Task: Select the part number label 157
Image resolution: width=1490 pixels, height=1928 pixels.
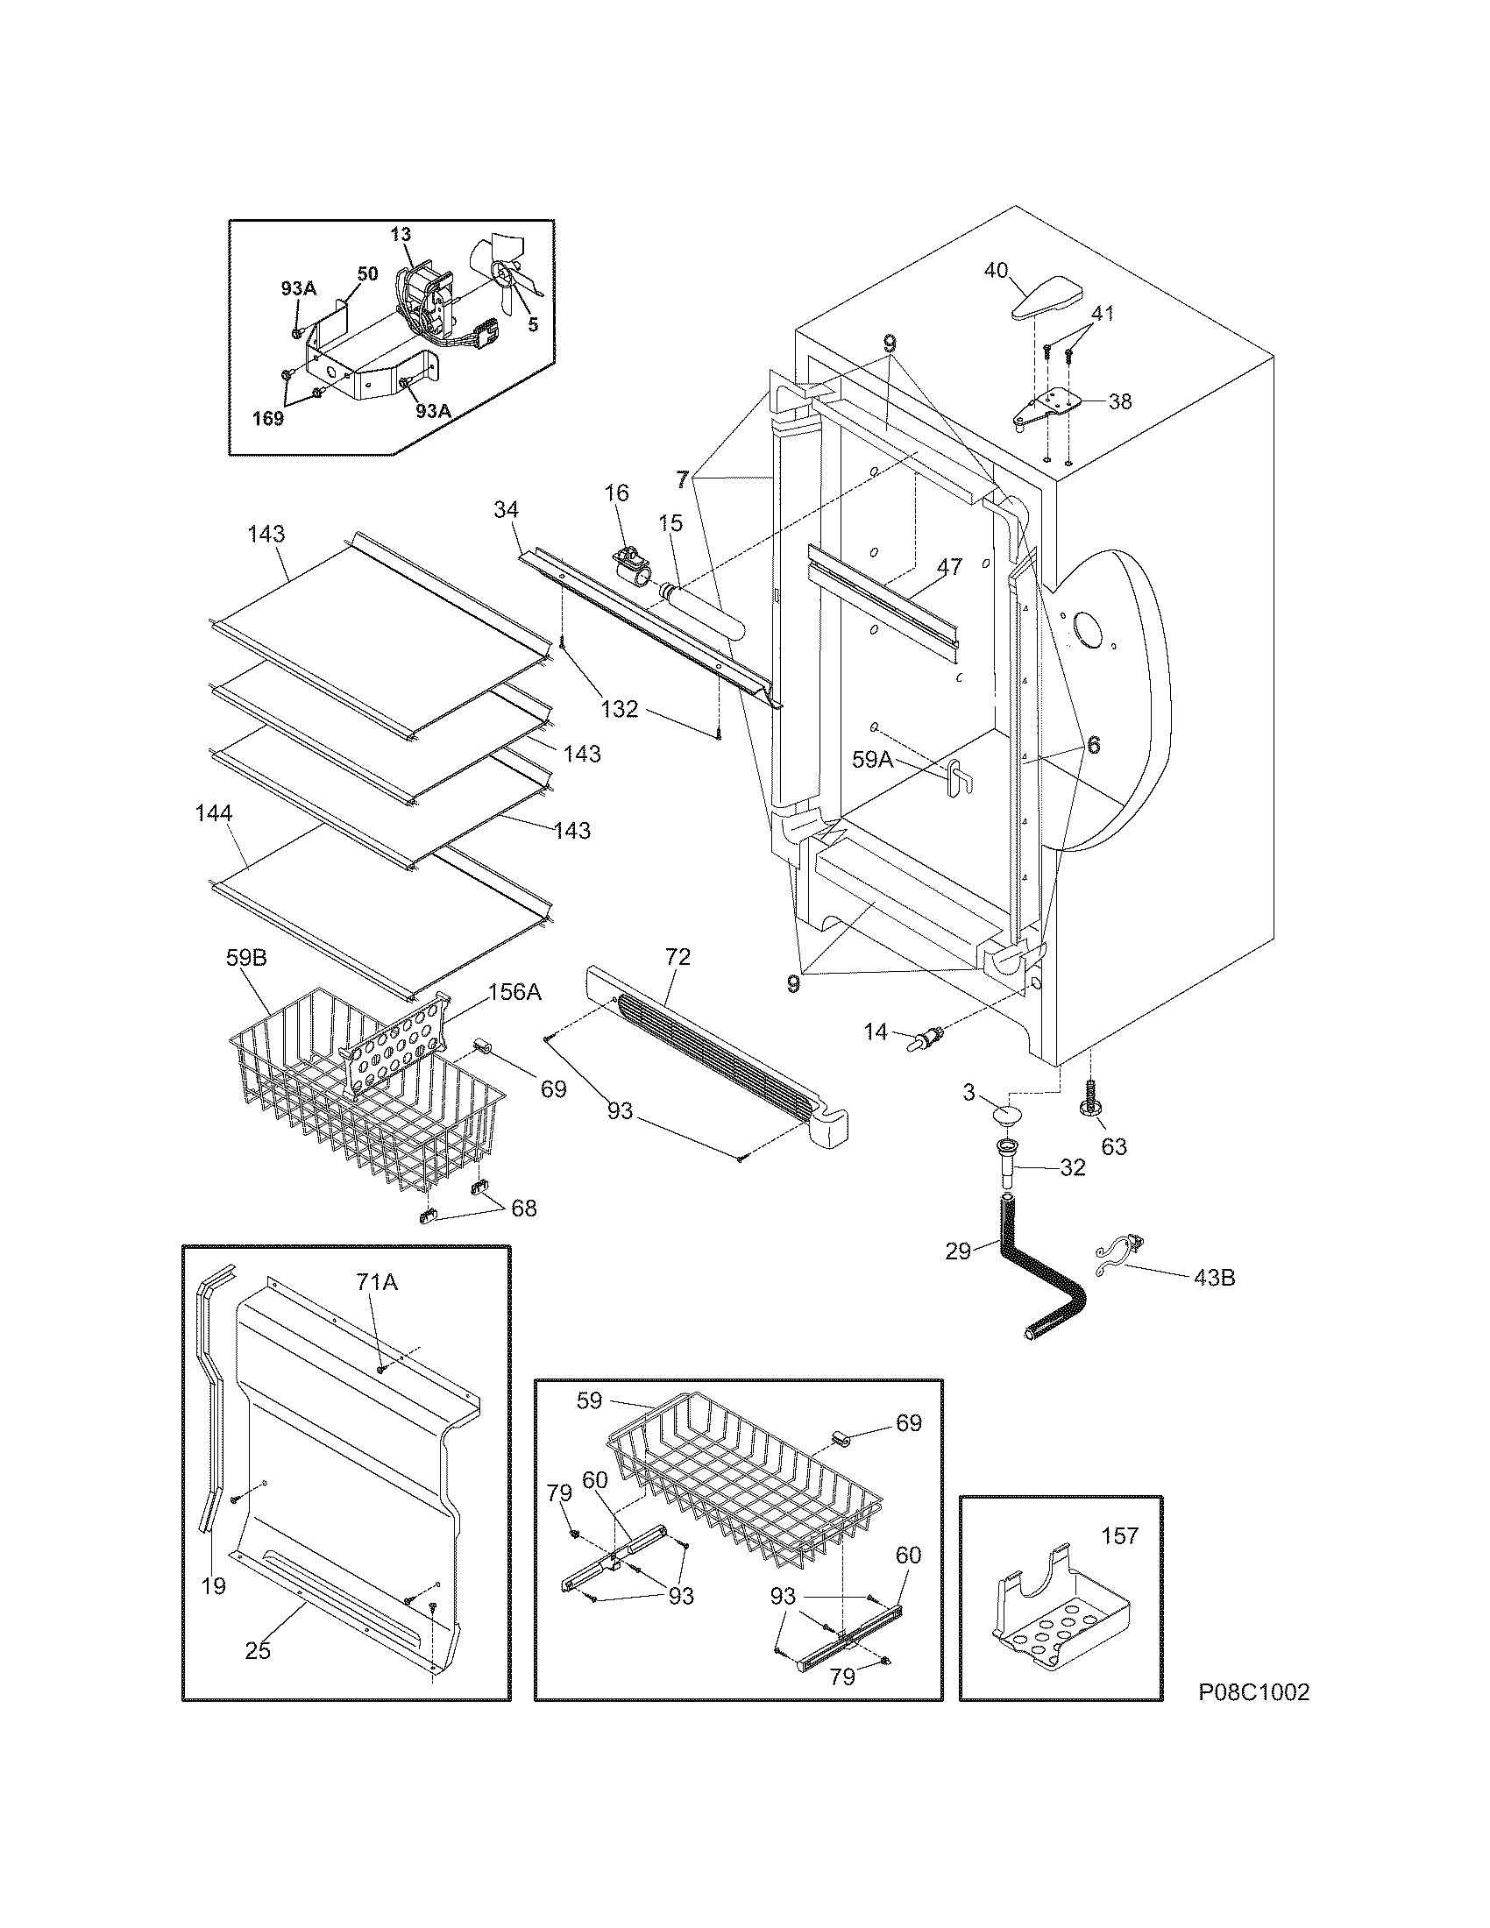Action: coord(1120,1535)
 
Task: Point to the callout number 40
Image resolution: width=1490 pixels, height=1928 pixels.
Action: coord(996,271)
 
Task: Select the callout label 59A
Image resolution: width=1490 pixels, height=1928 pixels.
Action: coord(873,758)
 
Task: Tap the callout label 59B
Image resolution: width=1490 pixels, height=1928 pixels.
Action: coord(246,957)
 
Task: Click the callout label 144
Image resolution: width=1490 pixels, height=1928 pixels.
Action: coord(214,813)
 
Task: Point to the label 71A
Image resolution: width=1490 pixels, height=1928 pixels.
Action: coord(376,1282)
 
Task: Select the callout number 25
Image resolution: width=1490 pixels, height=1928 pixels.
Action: coord(258,1649)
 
